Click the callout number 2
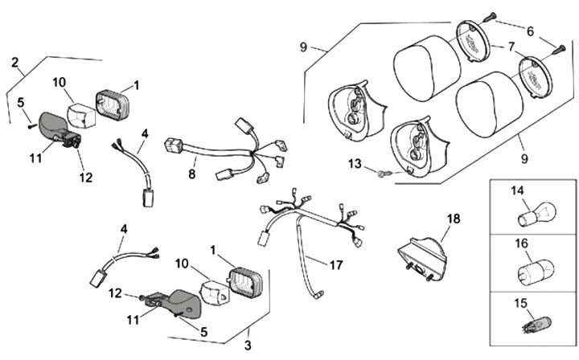(x=15, y=62)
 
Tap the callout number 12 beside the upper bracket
(x=84, y=176)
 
